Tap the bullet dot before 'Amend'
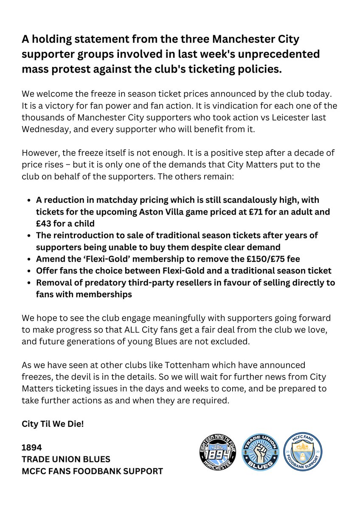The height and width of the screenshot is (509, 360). [x=28, y=259]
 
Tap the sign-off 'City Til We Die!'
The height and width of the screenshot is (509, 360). [x=53, y=423]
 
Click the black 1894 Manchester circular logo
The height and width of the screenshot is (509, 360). [x=217, y=452]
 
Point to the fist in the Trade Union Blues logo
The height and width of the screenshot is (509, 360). [x=260, y=450]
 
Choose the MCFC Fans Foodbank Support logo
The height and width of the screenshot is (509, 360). [x=303, y=452]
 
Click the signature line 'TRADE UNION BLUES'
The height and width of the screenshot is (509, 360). [x=66, y=459]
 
